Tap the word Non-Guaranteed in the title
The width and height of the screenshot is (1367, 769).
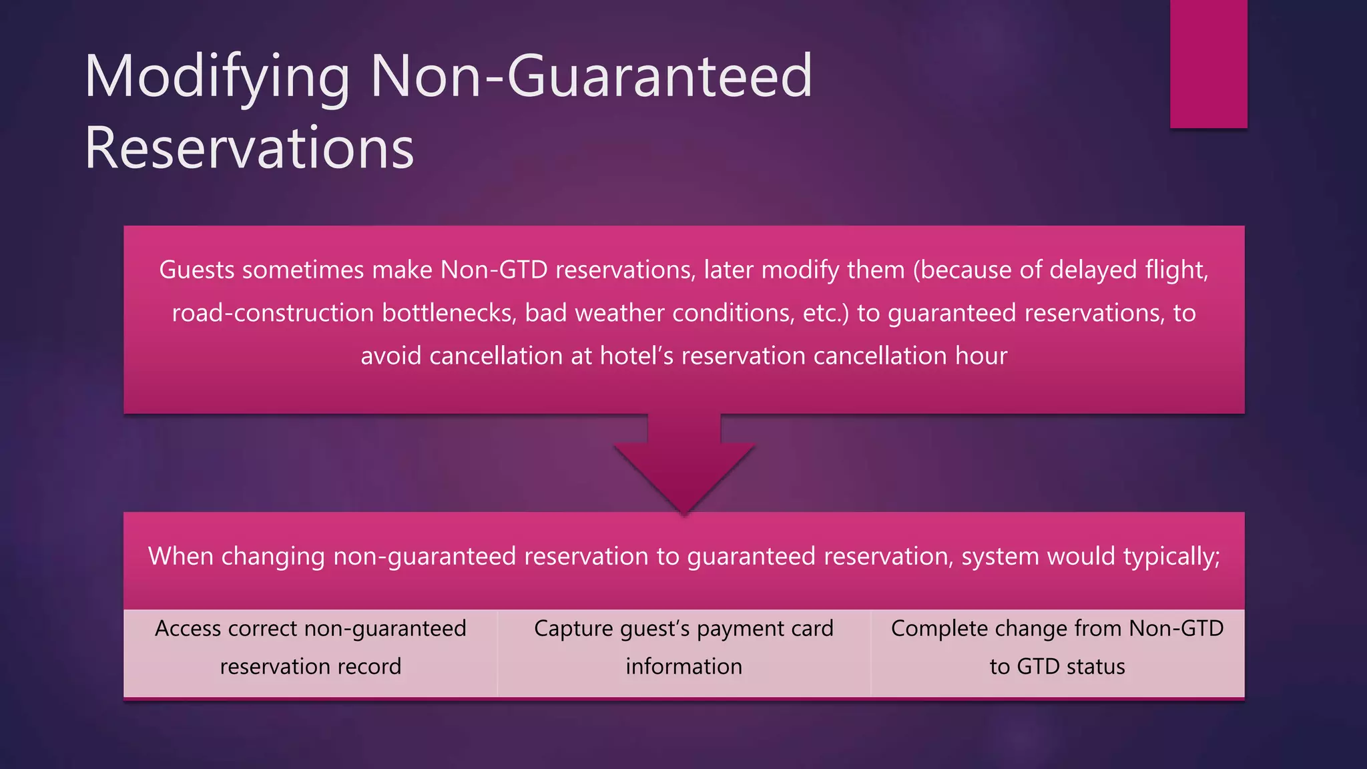point(591,76)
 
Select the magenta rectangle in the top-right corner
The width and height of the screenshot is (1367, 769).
point(1208,63)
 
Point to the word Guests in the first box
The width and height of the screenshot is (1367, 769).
point(197,270)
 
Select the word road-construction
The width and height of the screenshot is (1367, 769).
point(272,313)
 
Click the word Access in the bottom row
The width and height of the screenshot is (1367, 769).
point(188,628)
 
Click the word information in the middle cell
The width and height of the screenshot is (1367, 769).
point(683,666)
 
